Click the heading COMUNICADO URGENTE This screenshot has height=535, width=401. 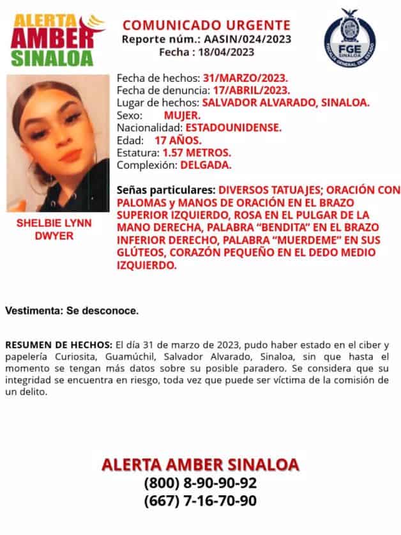[206, 26]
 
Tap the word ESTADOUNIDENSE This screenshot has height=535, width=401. [241, 128]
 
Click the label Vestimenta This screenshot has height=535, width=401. [34, 311]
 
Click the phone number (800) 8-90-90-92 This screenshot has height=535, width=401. [200, 483]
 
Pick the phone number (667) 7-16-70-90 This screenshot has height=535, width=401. [200, 500]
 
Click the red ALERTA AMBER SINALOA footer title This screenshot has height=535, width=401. [200, 463]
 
